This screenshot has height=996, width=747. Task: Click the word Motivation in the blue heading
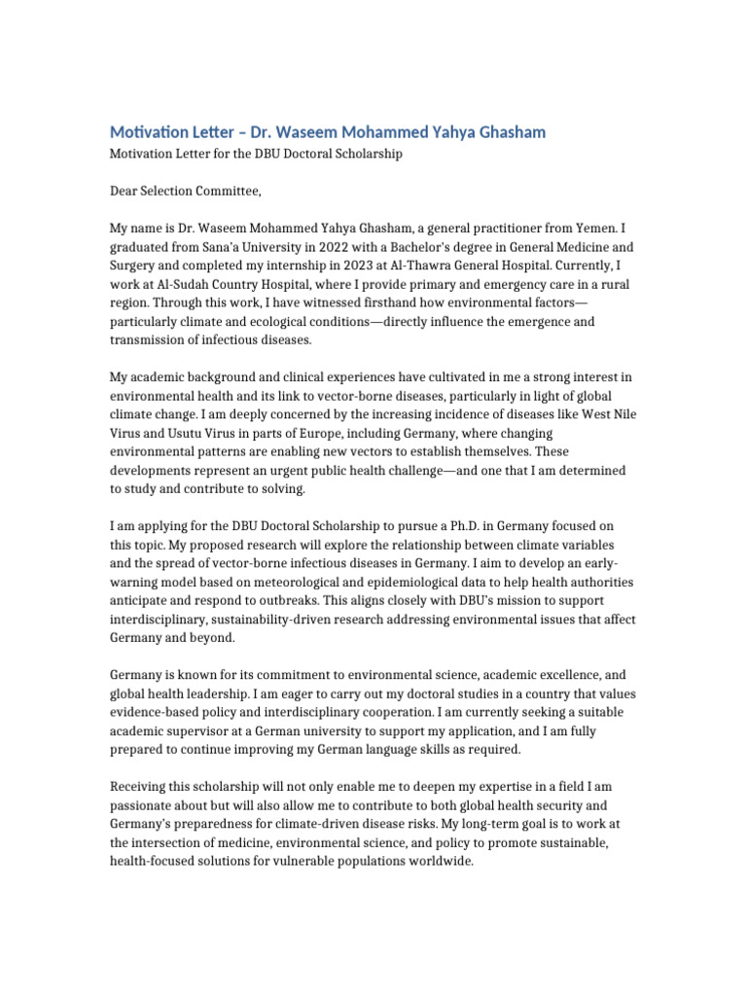click(x=146, y=131)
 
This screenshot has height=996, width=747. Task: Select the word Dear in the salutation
click(x=125, y=191)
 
